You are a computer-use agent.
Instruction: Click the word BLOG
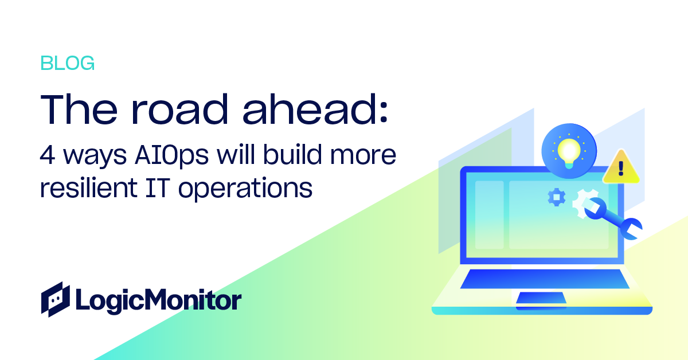(67, 64)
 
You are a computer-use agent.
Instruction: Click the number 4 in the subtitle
(46, 155)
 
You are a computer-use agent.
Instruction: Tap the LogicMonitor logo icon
(55, 299)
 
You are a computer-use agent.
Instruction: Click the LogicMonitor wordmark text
(158, 300)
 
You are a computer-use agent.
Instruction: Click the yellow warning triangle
(620, 167)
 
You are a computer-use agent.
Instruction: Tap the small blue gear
(556, 197)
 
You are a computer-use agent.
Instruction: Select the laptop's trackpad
(541, 298)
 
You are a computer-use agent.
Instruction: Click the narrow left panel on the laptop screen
(489, 215)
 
